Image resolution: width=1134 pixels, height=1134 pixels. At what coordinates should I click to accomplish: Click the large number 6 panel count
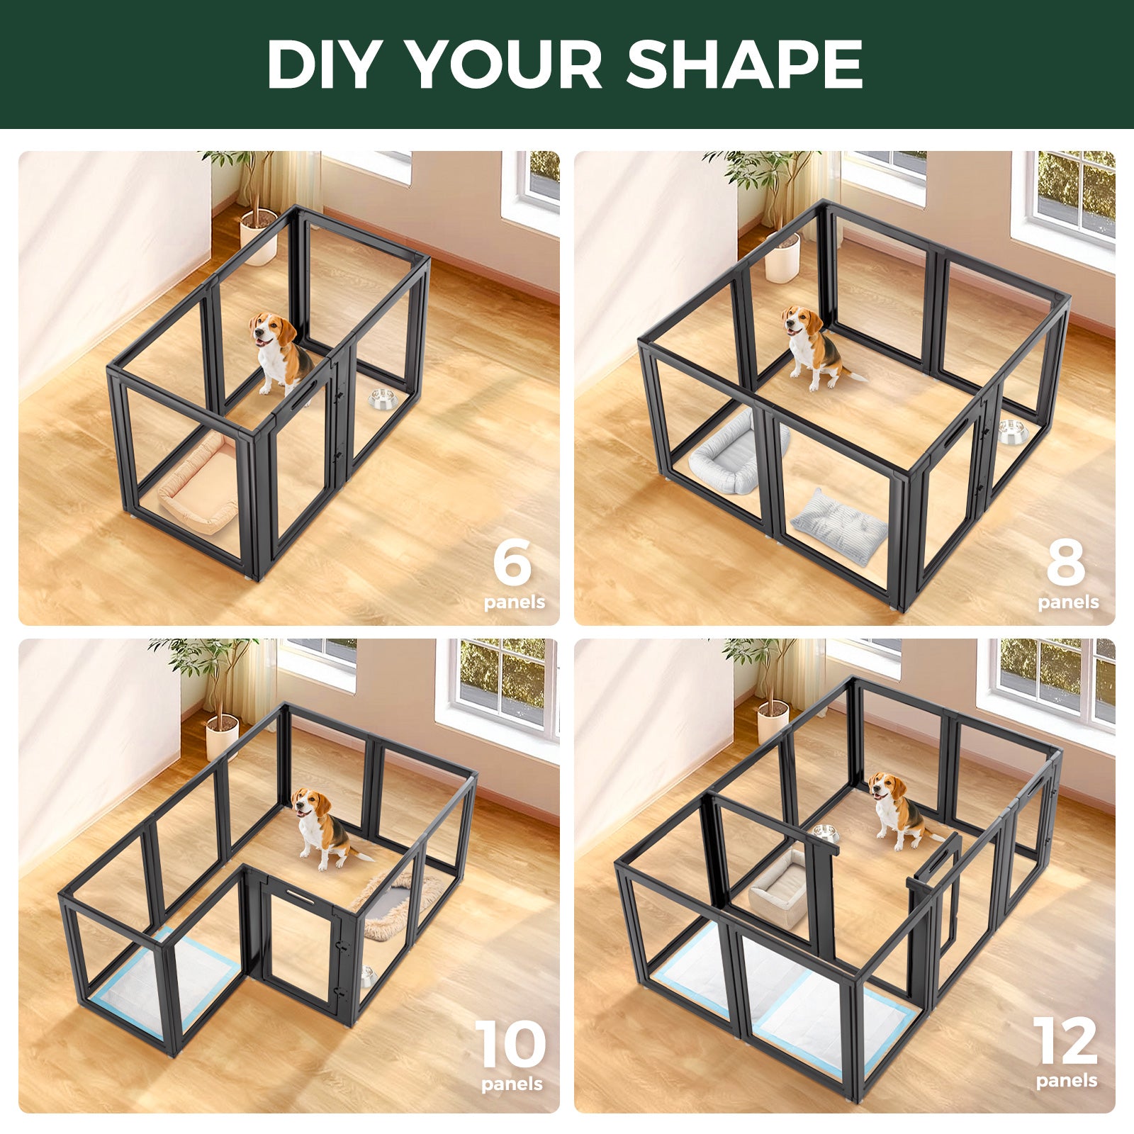[x=512, y=561]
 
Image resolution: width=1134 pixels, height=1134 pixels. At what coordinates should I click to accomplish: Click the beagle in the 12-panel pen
[x=897, y=808]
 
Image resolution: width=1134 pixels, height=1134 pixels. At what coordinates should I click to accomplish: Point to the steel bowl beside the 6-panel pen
[x=381, y=398]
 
